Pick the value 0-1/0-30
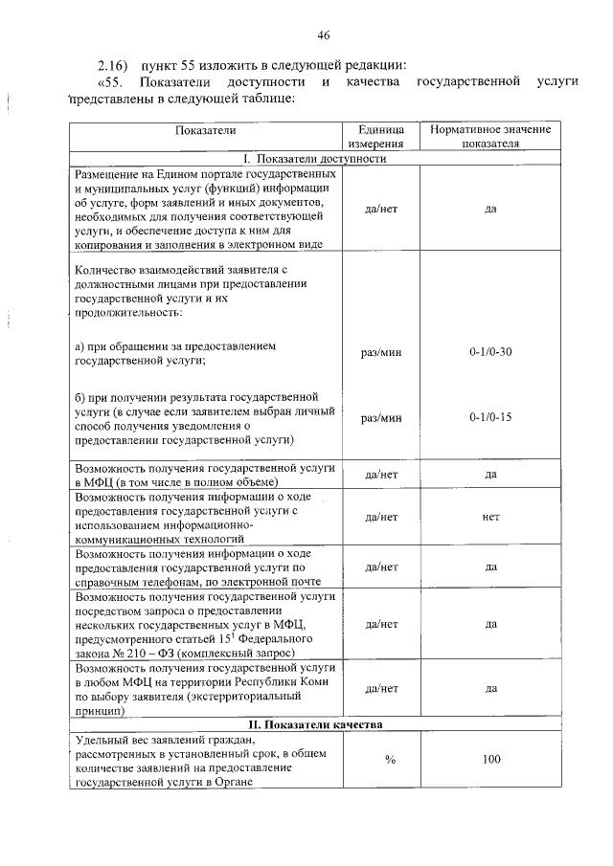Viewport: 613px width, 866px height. [490, 353]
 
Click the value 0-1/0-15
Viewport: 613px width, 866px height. [490, 418]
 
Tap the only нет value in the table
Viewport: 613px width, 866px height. [490, 517]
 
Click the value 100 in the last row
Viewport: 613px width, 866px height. [490, 760]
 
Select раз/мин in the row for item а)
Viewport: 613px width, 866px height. [382, 353]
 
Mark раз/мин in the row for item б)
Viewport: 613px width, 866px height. [382, 418]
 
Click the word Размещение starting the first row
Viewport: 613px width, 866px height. [107, 175]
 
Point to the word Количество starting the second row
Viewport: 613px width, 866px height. [108, 271]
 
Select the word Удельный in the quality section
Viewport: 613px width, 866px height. [101, 741]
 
